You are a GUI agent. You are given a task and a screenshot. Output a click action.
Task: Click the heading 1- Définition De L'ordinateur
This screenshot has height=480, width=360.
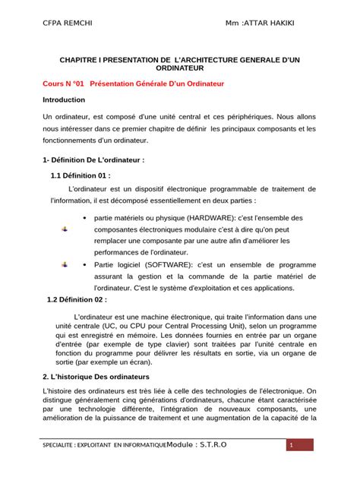pos(93,160)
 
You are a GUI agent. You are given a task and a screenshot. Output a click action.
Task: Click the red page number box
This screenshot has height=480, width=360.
pos(289,445)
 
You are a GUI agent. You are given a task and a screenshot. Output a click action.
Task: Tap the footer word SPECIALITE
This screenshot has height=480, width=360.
pos(64,445)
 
